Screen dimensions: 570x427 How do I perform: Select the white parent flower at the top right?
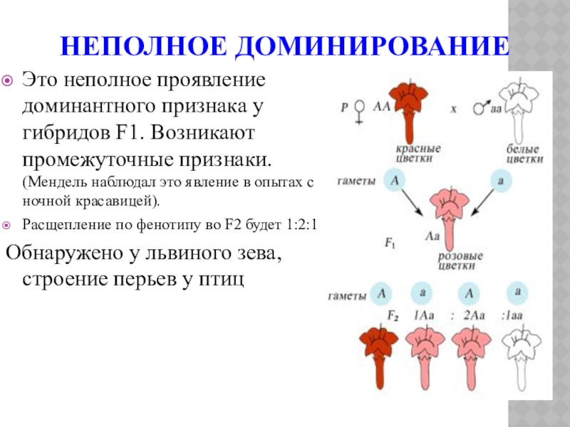point(519,107)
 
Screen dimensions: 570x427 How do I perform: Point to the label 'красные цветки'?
point(418,154)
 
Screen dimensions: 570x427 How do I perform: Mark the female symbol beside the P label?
point(360,110)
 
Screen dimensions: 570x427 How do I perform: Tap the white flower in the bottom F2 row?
point(518,352)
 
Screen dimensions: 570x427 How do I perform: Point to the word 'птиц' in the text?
point(221,278)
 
